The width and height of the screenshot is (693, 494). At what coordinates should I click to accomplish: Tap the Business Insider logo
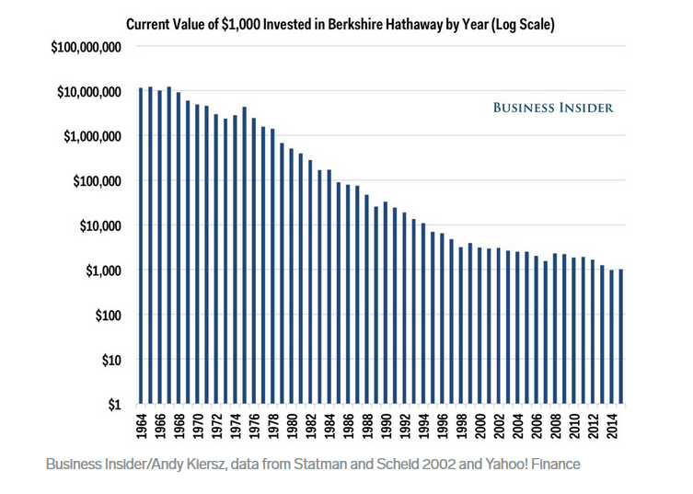point(552,108)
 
